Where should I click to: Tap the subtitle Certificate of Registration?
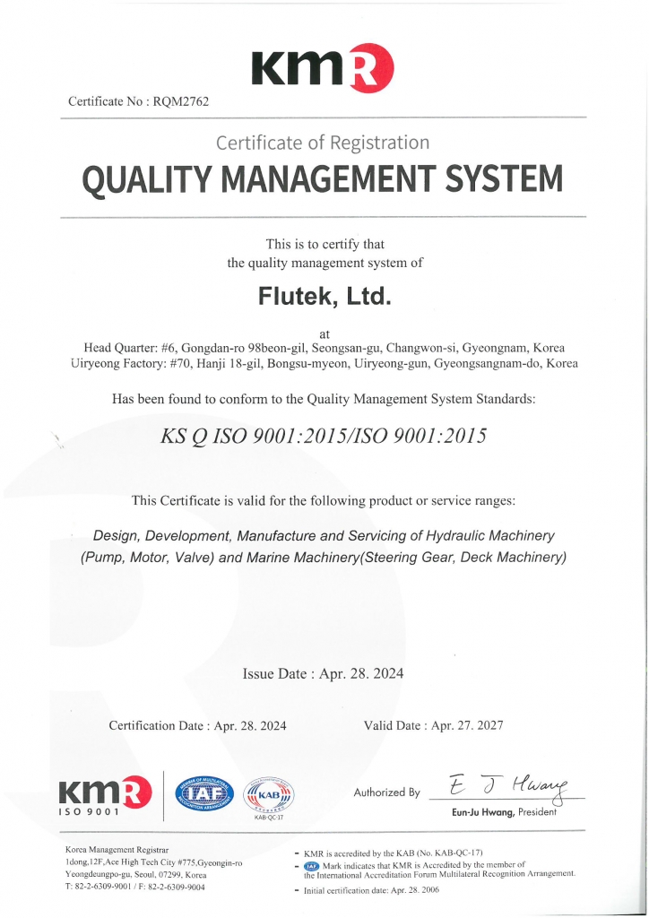coord(323,143)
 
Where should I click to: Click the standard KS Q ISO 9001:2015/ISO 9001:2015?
coord(323,437)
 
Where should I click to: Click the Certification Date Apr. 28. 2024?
coord(197,725)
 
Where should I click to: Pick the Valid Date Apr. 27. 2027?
coord(434,725)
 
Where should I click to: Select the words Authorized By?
coord(386,792)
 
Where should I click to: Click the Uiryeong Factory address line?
coord(324,364)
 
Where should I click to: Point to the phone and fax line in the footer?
coord(135,887)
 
